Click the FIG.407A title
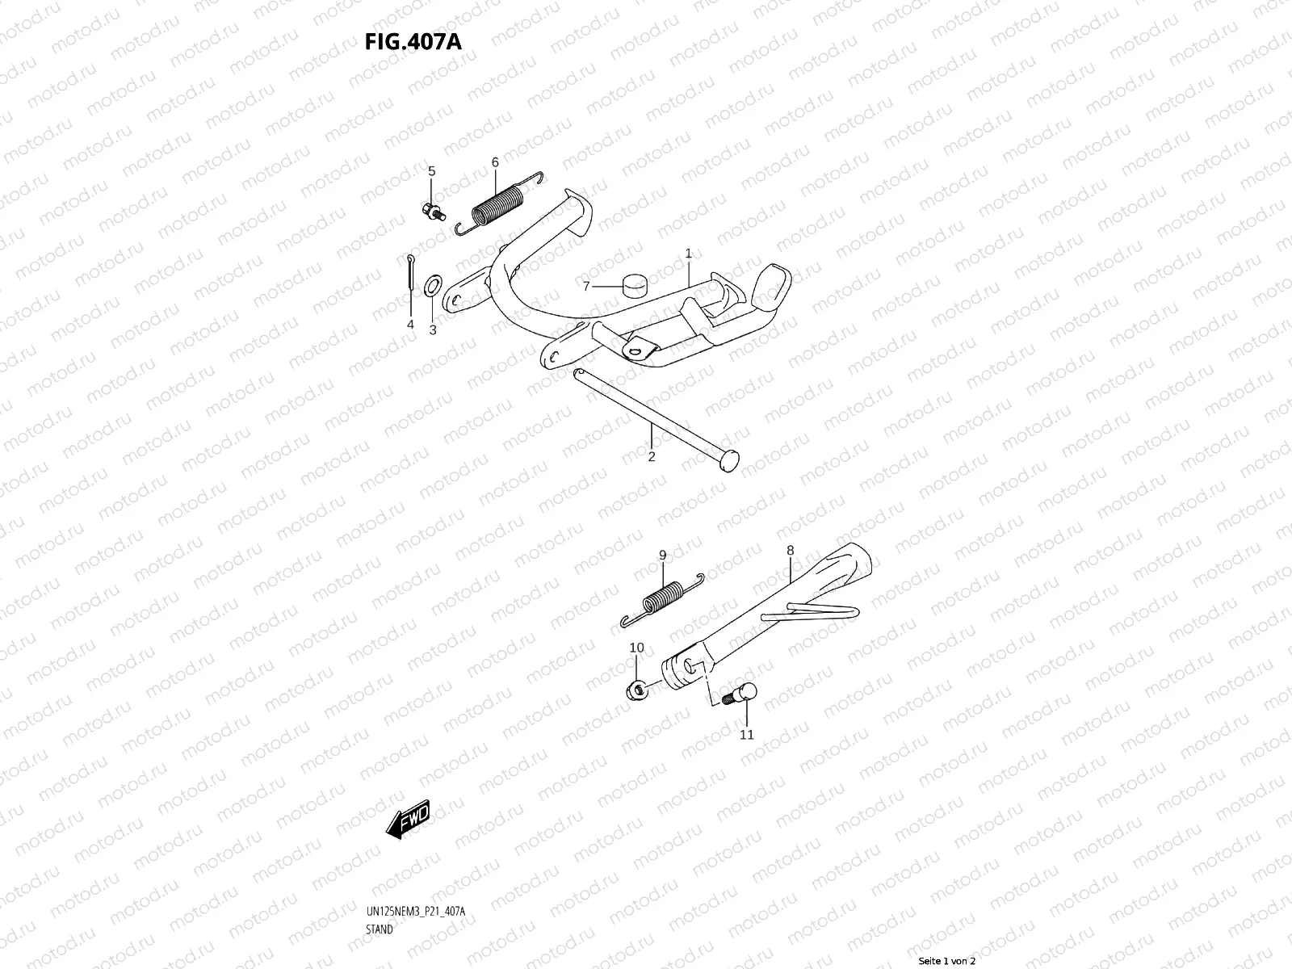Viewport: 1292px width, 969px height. tap(413, 41)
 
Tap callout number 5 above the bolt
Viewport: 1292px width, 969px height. tap(431, 171)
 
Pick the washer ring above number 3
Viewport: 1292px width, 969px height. tap(432, 283)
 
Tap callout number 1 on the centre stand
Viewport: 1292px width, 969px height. tap(689, 254)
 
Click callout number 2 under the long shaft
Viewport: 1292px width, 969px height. tap(652, 456)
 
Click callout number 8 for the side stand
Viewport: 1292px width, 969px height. tap(790, 551)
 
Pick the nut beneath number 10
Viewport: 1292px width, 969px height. tap(636, 690)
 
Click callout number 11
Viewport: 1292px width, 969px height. tap(746, 734)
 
